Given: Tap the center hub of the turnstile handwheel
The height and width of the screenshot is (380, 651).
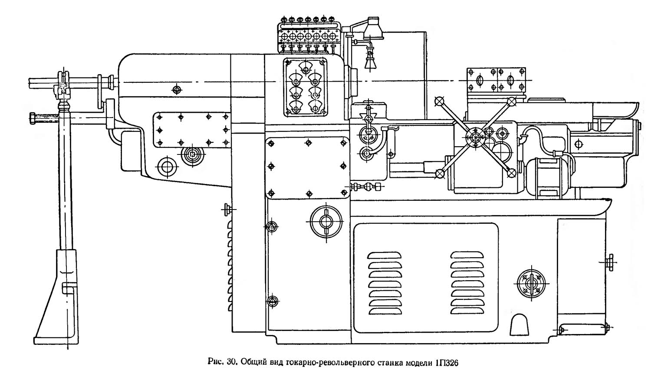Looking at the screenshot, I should click(x=476, y=137).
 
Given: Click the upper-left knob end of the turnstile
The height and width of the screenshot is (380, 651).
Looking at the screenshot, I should click(x=440, y=101).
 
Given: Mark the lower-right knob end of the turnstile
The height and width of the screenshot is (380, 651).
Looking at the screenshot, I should click(x=511, y=173).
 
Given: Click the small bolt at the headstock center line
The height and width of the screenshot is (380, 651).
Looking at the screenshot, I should click(x=176, y=90).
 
